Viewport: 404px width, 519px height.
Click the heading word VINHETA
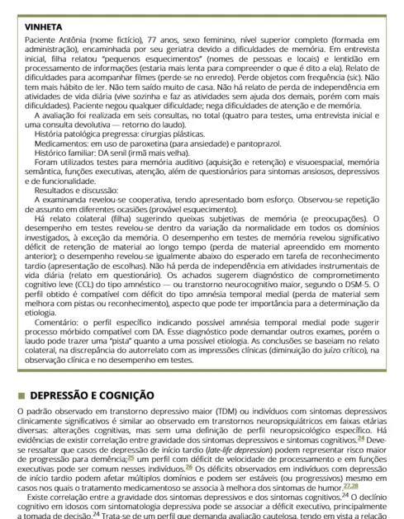pyautogui.click(x=34, y=26)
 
